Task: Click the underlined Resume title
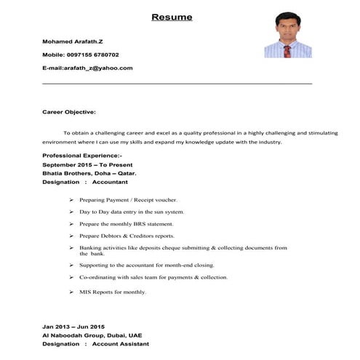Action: coord(172,17)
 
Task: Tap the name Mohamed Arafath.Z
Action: coord(73,41)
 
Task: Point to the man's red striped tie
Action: coord(287,51)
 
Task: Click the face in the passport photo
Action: coord(287,27)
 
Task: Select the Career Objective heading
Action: coord(69,112)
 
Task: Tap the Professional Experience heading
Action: coord(82,156)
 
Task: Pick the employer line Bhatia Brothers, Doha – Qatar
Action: coord(89,174)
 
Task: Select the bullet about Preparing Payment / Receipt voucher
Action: coord(128,199)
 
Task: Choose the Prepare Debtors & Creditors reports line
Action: coord(127,236)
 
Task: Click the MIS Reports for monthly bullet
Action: coord(113,292)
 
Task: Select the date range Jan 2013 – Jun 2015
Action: coord(73,326)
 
